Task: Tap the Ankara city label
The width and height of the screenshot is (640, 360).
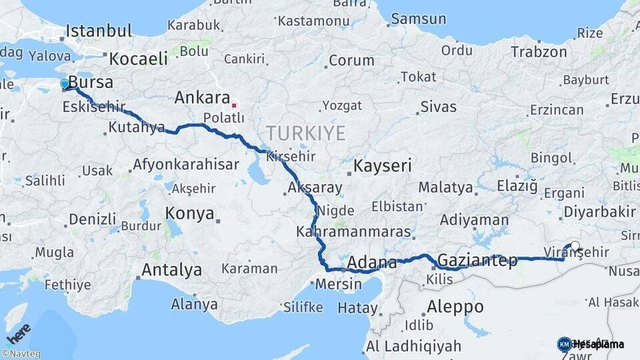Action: [202, 98]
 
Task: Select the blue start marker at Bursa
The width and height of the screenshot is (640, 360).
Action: [65, 84]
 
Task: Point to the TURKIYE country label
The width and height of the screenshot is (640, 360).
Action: [305, 133]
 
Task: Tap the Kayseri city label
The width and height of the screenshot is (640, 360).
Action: [383, 166]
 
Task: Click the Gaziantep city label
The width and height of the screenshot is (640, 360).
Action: [478, 261]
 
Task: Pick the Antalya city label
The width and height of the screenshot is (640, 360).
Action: [171, 270]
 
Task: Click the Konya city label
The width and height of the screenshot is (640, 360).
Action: [190, 214]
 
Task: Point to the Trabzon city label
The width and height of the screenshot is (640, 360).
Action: [539, 51]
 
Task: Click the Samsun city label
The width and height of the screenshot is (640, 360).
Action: [418, 19]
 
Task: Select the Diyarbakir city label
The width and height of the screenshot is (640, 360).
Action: [599, 212]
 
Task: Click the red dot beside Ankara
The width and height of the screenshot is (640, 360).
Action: [234, 105]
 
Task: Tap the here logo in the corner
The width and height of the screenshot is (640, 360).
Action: [18, 333]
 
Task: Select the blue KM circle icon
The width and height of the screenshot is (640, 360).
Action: [564, 345]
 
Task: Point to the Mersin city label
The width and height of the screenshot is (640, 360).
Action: [338, 284]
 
